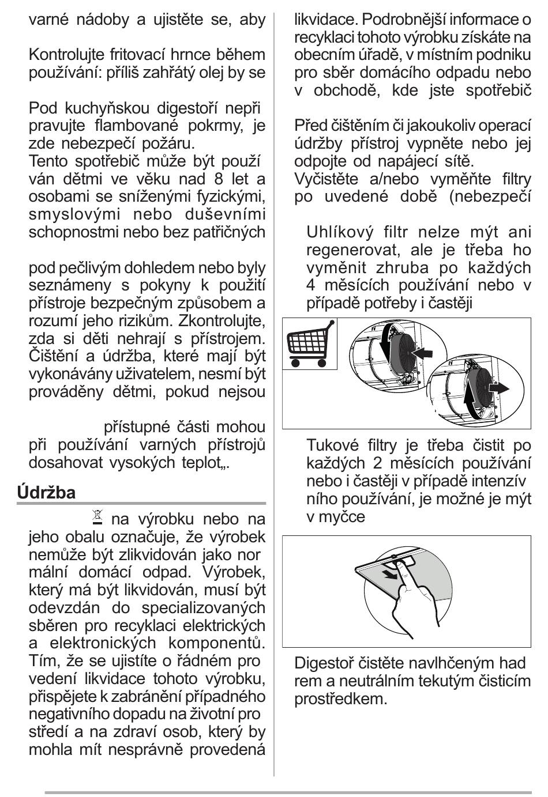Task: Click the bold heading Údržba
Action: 46,493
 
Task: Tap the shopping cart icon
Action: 309,344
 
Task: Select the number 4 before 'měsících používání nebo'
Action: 311,286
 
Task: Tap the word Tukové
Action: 333,445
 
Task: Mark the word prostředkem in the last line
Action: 340,698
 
